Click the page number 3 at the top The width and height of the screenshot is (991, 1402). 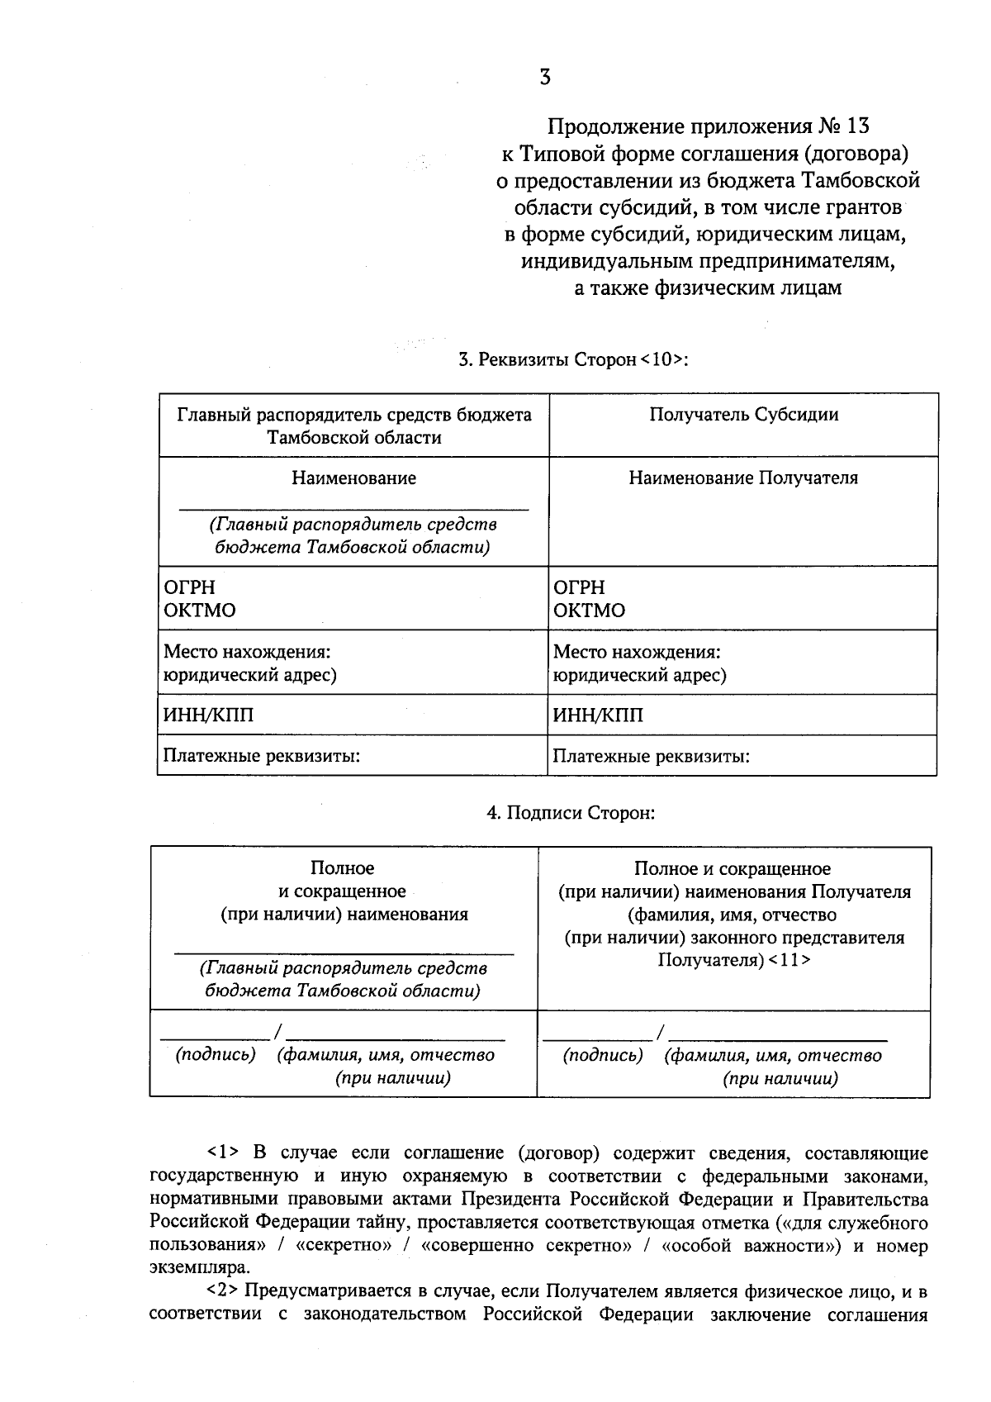point(545,78)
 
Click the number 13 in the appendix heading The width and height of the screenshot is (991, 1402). point(857,126)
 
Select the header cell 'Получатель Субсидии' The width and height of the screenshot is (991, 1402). point(743,415)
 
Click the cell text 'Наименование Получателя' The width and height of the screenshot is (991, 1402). point(743,478)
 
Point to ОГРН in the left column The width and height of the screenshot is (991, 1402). point(189,587)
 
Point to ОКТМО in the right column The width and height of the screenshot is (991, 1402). point(589,611)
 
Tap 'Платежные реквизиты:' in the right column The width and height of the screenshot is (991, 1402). point(651,756)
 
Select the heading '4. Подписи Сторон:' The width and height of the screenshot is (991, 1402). point(570,813)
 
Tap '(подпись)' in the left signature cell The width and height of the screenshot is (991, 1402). point(216,1055)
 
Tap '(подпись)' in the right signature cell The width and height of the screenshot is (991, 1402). point(603,1055)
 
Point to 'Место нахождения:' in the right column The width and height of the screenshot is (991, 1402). point(637,652)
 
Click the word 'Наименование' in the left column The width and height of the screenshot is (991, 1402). point(353,478)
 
